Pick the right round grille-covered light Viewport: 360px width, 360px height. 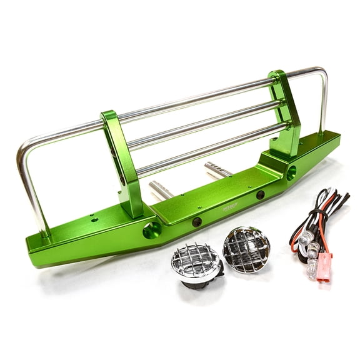pos(246,249)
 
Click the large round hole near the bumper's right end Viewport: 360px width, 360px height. pos(291,173)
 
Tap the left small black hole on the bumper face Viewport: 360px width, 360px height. pos(197,222)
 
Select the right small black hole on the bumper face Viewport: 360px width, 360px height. pos(260,194)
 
